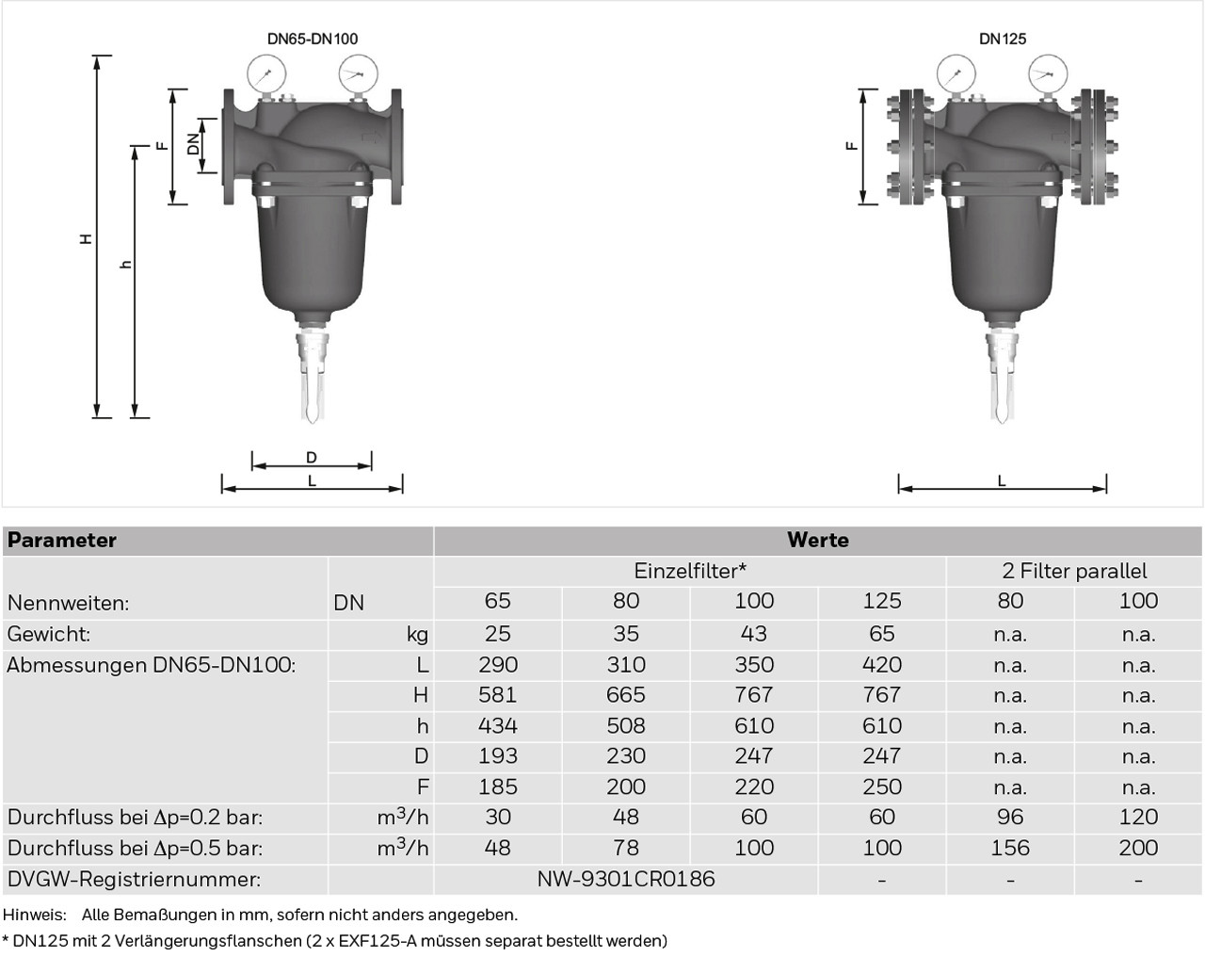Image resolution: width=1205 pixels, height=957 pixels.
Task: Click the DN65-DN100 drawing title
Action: pos(313,39)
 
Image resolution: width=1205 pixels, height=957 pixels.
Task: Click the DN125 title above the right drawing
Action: pos(1003,39)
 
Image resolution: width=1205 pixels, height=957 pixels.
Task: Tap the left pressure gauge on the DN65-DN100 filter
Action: pos(266,73)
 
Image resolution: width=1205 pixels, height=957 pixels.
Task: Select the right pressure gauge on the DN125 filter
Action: pos(1048,73)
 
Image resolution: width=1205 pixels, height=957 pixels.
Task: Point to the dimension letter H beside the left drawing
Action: pos(86,238)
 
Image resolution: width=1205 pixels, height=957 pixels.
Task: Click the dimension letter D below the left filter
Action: pos(312,458)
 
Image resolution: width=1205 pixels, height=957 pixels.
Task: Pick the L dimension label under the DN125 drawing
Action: pos(1002,480)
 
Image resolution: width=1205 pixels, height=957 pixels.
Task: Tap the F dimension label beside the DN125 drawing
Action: pos(852,146)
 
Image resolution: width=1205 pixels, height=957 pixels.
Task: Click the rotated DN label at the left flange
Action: pos(193,144)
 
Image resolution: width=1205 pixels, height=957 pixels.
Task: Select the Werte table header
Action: pos(817,540)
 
